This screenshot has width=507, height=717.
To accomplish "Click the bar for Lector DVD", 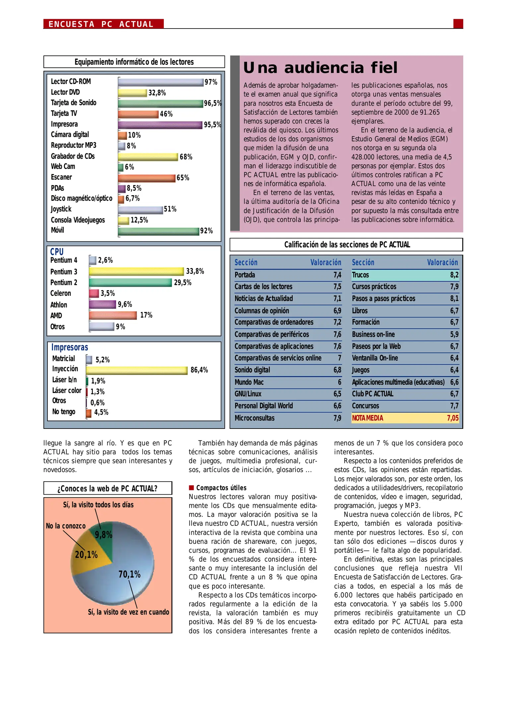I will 132,93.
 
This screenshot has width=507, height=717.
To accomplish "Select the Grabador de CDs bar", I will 148,157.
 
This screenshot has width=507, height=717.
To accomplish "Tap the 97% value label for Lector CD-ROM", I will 211,82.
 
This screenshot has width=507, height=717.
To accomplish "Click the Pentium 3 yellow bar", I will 136,272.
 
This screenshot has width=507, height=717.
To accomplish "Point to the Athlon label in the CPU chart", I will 59,305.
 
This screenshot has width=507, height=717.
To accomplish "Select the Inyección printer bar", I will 137,370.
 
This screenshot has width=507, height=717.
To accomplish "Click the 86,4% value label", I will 199,370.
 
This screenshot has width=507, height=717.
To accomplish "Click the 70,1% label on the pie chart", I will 129,574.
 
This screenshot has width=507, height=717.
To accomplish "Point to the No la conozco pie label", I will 66,526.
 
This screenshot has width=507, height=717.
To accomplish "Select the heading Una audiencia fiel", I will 320,68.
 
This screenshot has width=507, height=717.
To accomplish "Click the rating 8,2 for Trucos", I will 454,275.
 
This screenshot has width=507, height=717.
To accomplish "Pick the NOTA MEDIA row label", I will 367,418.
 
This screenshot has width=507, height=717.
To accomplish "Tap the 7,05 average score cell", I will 453,418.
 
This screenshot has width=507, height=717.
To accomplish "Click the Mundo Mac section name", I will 249,382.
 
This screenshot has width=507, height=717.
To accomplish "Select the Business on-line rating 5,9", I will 454,334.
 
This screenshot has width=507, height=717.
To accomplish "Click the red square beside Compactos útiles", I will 191,488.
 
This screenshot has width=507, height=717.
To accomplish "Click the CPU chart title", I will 57,252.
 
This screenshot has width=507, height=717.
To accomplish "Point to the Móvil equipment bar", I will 158,231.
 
